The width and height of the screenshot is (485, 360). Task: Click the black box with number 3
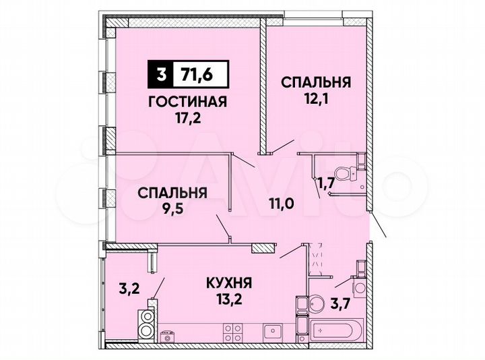pyautogui.click(x=160, y=75)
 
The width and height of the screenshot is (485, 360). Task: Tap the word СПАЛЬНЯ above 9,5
pyautogui.click(x=172, y=193)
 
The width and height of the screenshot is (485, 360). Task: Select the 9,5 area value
pyautogui.click(x=172, y=210)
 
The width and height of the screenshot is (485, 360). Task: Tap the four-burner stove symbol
pyautogui.click(x=233, y=332)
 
